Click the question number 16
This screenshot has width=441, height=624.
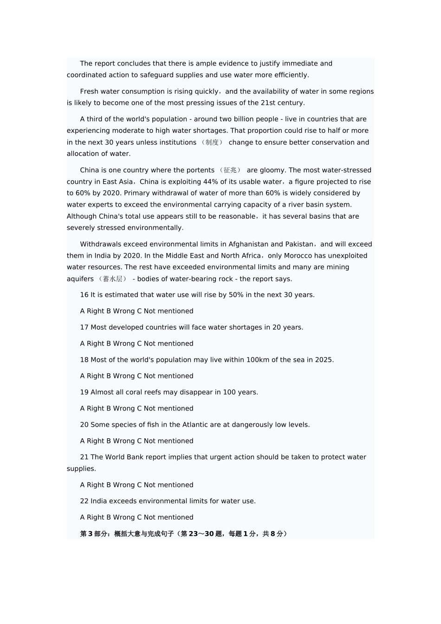84,295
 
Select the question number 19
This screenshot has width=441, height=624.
84,392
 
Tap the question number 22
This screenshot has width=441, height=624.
84,501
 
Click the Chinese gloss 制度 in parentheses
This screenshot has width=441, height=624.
212,143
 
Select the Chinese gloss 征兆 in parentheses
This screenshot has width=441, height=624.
230,170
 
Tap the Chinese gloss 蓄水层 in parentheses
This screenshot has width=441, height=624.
112,279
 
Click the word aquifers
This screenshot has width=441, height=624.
80,279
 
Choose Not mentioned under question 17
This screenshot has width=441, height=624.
169,344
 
